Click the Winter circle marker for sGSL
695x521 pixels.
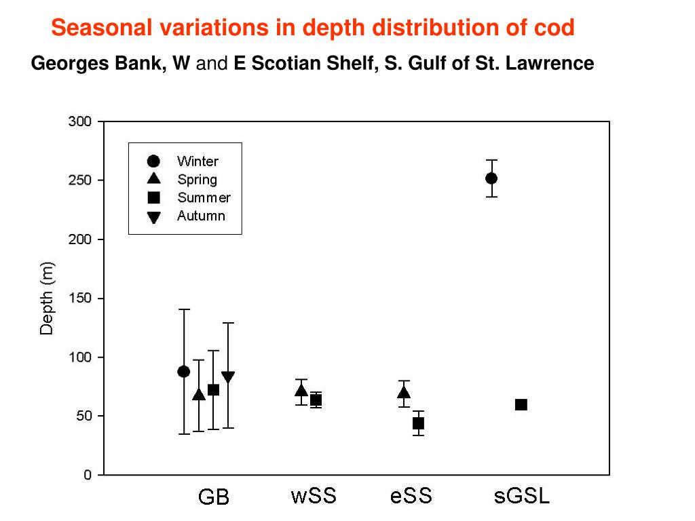pyautogui.click(x=491, y=178)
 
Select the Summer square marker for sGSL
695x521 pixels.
pyautogui.click(x=521, y=405)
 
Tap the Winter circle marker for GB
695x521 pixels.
pyautogui.click(x=184, y=371)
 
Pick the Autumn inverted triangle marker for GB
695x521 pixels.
pyautogui.click(x=228, y=377)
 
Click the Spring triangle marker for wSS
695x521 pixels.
pyautogui.click(x=301, y=390)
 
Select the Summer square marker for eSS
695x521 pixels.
pyautogui.click(x=418, y=423)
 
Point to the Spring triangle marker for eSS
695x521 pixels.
pyautogui.click(x=404, y=392)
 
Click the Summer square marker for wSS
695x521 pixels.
pyautogui.click(x=316, y=400)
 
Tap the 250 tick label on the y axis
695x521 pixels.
pyautogui.click(x=80, y=180)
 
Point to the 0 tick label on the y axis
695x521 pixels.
pyautogui.click(x=88, y=475)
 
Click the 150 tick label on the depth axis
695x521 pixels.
pyautogui.click(x=80, y=298)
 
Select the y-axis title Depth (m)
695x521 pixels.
pyautogui.click(x=46, y=298)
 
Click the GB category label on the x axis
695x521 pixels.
pyautogui.click(x=213, y=497)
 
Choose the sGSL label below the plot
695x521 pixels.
pyautogui.click(x=521, y=496)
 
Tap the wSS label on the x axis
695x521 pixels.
pyautogui.click(x=313, y=496)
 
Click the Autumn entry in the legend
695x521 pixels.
pyautogui.click(x=201, y=216)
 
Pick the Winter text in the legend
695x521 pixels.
pyautogui.click(x=198, y=161)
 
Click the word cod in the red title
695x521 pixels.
pyautogui.click(x=555, y=28)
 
